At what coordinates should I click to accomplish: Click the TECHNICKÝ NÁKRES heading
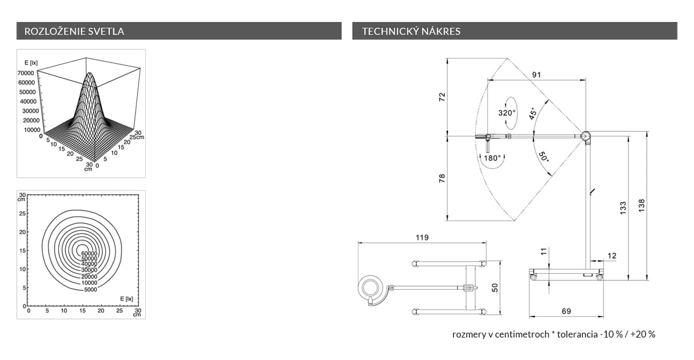[x=411, y=31]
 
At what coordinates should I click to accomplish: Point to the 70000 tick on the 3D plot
[x=26, y=73]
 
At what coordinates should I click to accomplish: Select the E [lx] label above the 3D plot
[x=31, y=63]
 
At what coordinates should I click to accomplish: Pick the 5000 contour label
[x=90, y=289]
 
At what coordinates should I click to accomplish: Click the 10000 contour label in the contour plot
[x=89, y=282]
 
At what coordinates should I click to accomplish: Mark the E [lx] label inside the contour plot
[x=126, y=298]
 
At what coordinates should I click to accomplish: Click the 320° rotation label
[x=507, y=113]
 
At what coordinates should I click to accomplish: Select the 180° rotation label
[x=492, y=158]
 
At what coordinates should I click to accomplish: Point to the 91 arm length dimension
[x=536, y=75]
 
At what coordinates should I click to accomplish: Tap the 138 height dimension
[x=642, y=205]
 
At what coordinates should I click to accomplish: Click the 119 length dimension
[x=422, y=238]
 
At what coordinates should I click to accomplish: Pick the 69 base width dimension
[x=566, y=311]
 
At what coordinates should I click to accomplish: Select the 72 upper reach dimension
[x=442, y=97]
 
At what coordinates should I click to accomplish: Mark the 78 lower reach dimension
[x=442, y=179]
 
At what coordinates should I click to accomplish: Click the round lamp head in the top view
[x=371, y=288]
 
